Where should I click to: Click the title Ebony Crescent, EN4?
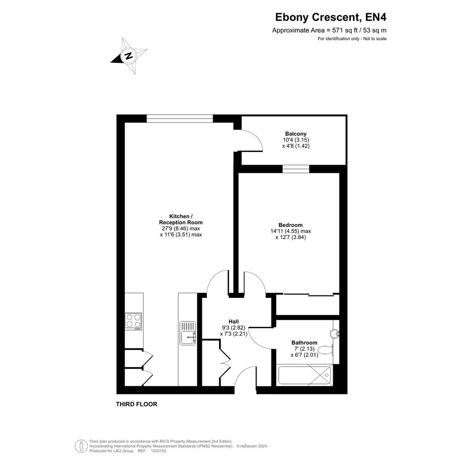[331, 17]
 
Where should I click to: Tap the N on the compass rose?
[128, 55]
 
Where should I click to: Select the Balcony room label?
[296, 134]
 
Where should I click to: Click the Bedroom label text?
[291, 225]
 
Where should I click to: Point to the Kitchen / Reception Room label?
[181, 219]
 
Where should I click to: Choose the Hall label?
[234, 321]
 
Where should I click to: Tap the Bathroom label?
[304, 342]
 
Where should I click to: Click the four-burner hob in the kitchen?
[133, 321]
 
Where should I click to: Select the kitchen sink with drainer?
[188, 333]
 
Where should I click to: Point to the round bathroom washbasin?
[335, 333]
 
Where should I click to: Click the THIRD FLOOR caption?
[136, 404]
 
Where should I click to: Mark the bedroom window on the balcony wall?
[296, 169]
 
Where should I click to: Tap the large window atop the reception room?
[180, 119]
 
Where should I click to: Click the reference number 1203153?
[158, 451]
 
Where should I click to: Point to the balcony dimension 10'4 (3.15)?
[296, 140]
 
